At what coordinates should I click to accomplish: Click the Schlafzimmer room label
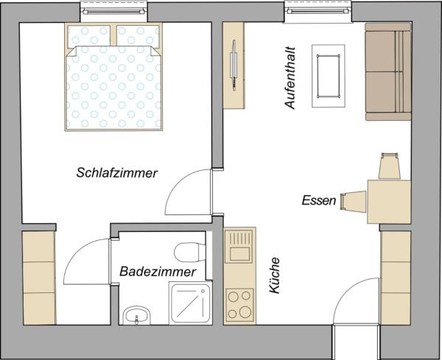pos(117,174)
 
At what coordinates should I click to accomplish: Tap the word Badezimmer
pos(158,272)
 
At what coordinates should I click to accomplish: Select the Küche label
pos(274,276)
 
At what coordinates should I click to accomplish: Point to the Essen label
pos(318,200)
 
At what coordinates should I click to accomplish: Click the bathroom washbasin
pos(136,317)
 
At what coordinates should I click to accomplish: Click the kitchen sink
pos(239,247)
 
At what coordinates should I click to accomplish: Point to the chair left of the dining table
pos(354,200)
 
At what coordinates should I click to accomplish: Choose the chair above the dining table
pos(389,166)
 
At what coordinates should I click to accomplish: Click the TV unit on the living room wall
pos(235,66)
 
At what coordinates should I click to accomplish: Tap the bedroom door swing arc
pos(186,191)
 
